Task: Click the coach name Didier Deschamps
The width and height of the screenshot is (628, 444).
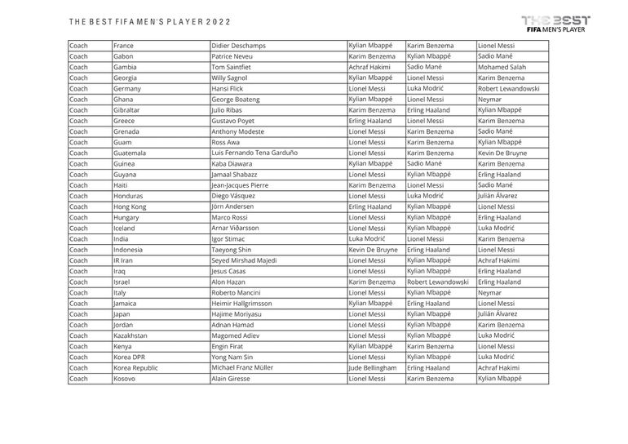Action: tap(238, 46)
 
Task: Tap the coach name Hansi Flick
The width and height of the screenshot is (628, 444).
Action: tap(228, 88)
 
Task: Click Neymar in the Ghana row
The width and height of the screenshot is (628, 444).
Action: tap(491, 99)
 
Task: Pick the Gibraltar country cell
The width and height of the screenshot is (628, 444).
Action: tap(129, 109)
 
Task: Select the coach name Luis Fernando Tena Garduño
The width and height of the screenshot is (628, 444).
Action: tap(255, 153)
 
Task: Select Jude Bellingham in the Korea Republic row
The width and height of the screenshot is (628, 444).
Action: tap(374, 367)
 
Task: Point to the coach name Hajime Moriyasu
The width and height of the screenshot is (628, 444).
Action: tap(238, 314)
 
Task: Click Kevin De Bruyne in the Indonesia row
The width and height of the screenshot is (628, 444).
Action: tap(374, 250)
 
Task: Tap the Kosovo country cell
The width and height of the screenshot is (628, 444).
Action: tap(126, 379)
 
